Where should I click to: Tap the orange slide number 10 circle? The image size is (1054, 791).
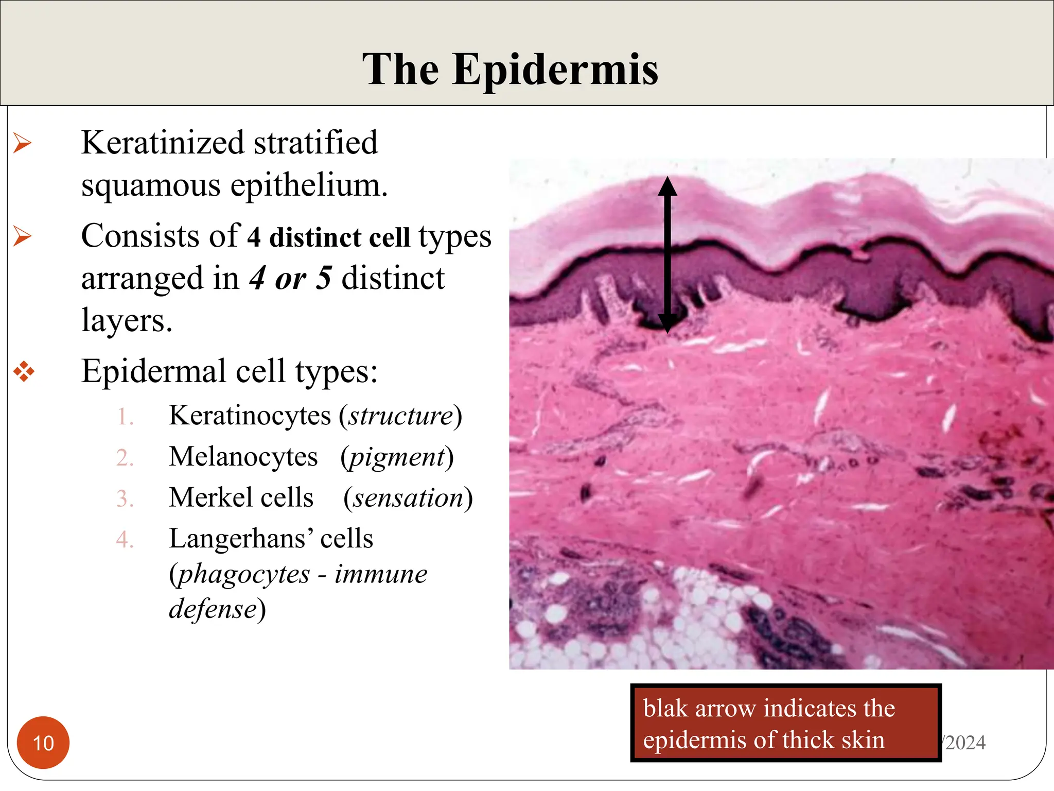[x=43, y=743]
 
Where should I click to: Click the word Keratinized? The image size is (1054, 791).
[x=163, y=143]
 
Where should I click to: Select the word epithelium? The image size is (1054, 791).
[x=308, y=185]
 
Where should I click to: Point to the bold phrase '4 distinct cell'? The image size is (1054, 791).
[x=328, y=237]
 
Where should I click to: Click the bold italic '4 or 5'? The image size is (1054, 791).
[x=290, y=279]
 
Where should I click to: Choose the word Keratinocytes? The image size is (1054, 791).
[x=250, y=416]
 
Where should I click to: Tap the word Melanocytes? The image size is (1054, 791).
[x=243, y=457]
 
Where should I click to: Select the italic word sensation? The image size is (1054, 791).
[x=408, y=498]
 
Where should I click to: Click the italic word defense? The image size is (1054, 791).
[x=213, y=609]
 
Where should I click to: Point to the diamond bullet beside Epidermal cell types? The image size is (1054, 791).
[x=24, y=371]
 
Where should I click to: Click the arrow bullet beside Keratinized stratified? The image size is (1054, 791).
[x=23, y=143]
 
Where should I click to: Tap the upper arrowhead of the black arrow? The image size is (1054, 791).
[x=667, y=186]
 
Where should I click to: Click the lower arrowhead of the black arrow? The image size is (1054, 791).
[x=667, y=324]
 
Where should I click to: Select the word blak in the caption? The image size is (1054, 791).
[x=665, y=709]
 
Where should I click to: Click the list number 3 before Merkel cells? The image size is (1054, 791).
[x=125, y=499]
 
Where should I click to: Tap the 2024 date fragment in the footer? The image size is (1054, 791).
[x=965, y=743]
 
